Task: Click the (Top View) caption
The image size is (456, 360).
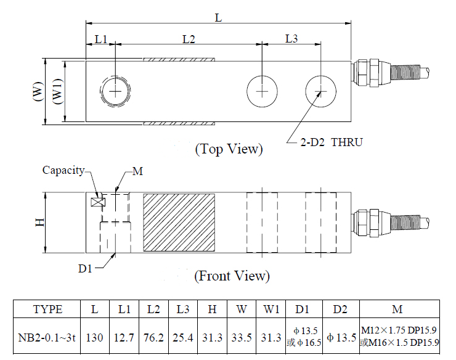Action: coord(229,149)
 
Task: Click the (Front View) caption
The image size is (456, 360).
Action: coord(232,276)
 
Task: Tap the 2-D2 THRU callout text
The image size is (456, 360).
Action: coord(332,142)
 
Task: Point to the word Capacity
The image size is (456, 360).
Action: coord(63,170)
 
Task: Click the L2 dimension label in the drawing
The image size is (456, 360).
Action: coord(189,39)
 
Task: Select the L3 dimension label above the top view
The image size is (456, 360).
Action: coord(291,39)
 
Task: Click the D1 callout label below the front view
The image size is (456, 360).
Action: coord(85,269)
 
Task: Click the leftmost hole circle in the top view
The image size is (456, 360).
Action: coord(115,92)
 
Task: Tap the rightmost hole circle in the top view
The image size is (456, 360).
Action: coord(320,92)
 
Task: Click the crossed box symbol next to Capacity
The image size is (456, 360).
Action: coord(96,202)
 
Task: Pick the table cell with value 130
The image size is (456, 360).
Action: coord(95,338)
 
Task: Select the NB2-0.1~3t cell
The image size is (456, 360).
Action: coord(47,338)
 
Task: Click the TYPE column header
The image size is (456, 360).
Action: coord(47,309)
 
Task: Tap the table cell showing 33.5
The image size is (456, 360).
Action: coord(241,338)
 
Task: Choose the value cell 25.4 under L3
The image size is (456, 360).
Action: coord(182,338)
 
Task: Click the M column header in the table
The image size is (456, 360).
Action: coord(400,309)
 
